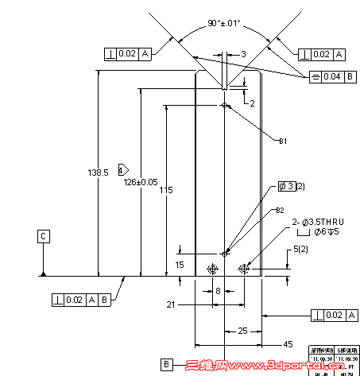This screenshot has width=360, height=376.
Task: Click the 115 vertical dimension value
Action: pyautogui.click(x=165, y=190)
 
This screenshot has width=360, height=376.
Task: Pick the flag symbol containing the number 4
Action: pyautogui.click(x=122, y=170)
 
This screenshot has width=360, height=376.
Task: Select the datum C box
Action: pyautogui.click(x=43, y=235)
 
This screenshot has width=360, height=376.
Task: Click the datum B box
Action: pyautogui.click(x=166, y=364)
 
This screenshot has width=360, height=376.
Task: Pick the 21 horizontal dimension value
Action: pyautogui.click(x=170, y=304)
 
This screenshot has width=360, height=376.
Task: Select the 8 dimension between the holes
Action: pyautogui.click(x=218, y=291)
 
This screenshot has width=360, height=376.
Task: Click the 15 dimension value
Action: pyautogui.click(x=180, y=264)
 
